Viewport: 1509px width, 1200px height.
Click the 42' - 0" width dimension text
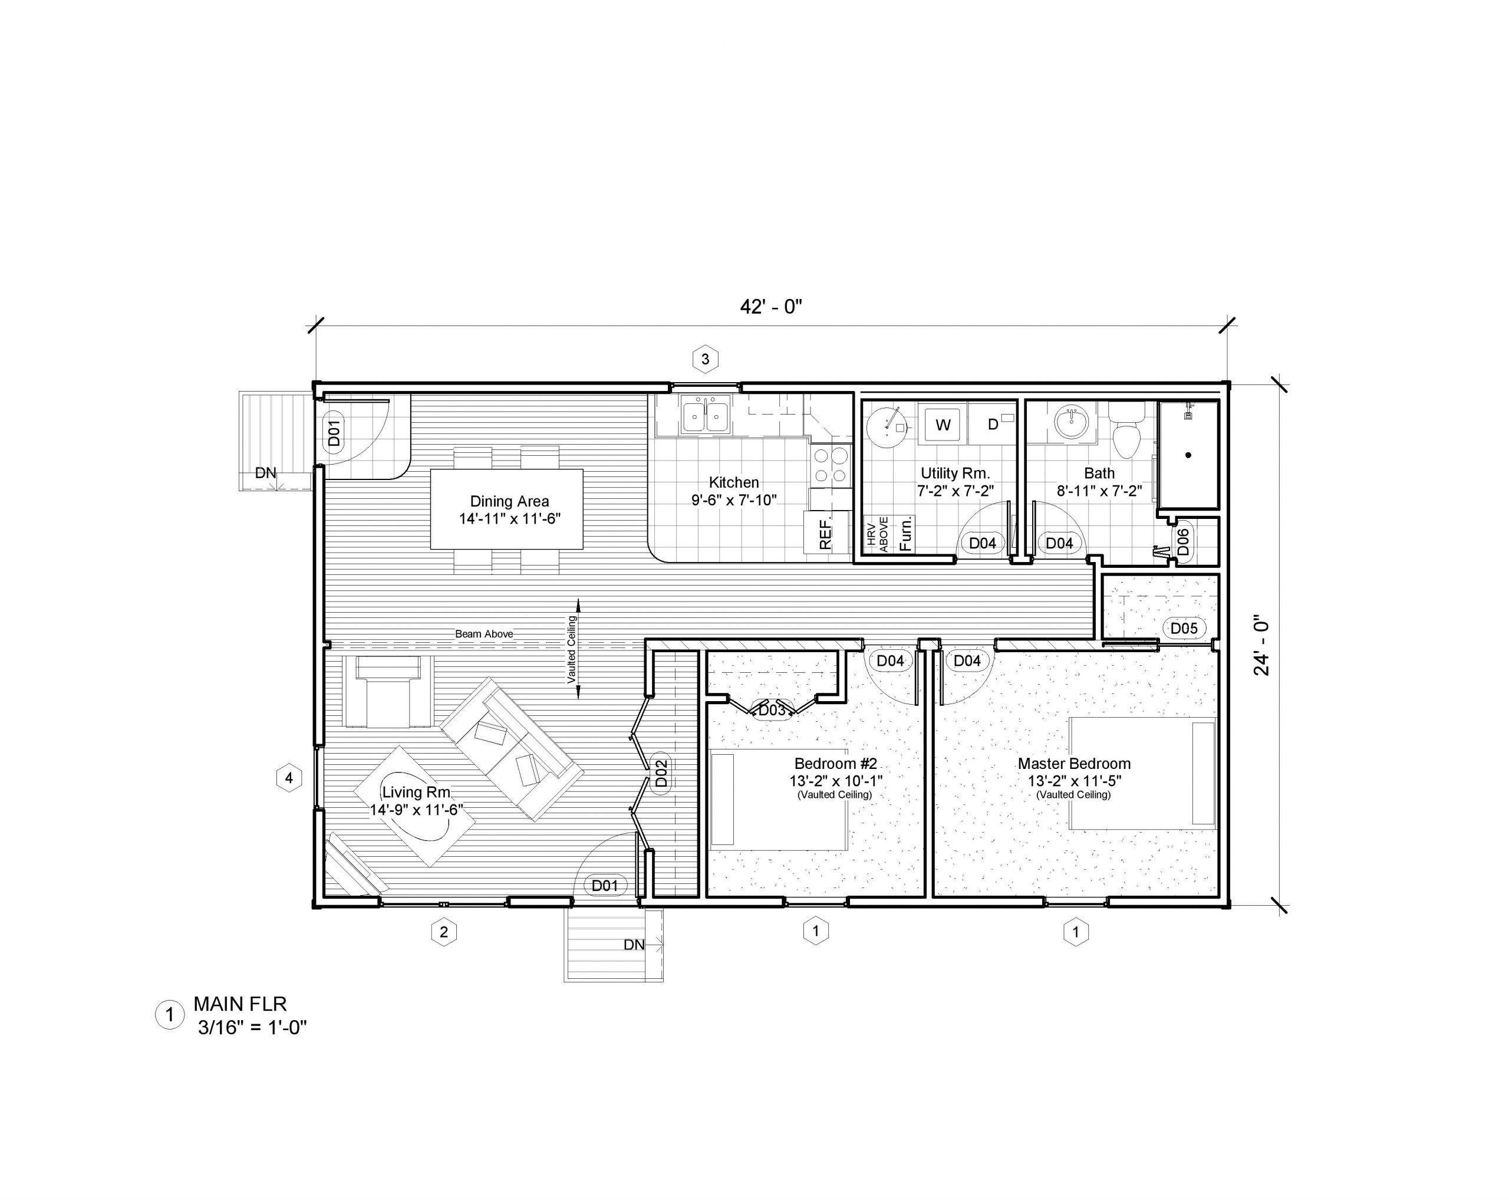tap(770, 307)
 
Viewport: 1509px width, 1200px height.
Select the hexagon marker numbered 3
tap(706, 359)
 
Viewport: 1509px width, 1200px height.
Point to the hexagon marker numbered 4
tap(289, 778)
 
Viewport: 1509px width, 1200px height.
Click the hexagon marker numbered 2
tap(444, 932)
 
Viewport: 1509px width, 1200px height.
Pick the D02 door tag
tap(661, 773)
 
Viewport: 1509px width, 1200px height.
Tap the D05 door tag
tap(1184, 628)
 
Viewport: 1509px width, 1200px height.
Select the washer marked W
tap(943, 424)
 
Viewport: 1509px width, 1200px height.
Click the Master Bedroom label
tap(1075, 763)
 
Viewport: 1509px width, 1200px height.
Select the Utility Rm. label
tap(956, 474)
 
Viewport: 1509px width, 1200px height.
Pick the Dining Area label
tap(509, 501)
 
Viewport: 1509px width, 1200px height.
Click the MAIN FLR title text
tap(240, 1004)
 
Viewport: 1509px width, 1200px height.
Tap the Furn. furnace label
tap(904, 534)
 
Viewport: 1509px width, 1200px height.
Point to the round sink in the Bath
tap(1072, 423)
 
